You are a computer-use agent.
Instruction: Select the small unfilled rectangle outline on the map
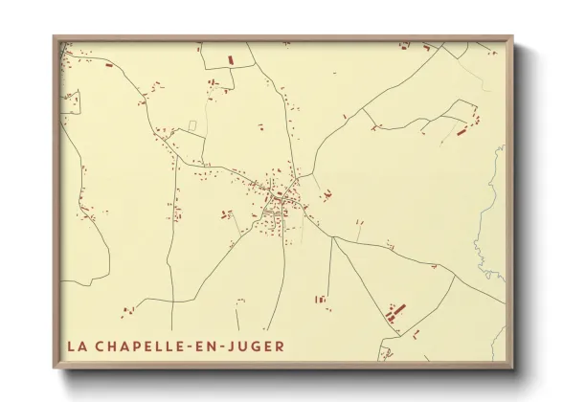[192, 125]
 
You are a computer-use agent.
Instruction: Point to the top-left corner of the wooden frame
[55, 37]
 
